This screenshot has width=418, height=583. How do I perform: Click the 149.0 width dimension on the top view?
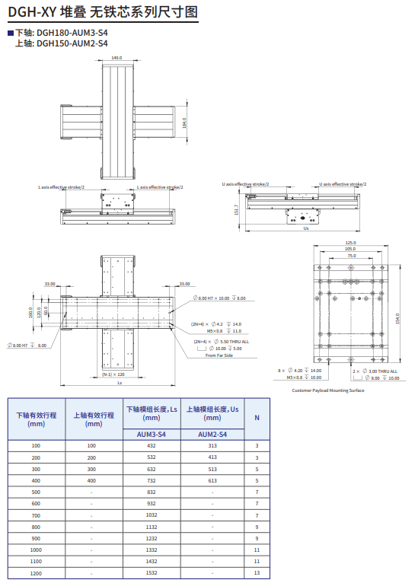[x=116, y=58]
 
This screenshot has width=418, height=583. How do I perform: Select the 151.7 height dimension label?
[x=237, y=209]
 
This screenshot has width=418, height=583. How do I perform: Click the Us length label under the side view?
[x=305, y=228]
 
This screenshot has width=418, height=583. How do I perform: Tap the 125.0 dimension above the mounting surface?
[x=350, y=243]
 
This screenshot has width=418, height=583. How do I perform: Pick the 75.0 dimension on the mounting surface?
[x=350, y=256]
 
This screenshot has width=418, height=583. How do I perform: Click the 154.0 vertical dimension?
[x=397, y=317]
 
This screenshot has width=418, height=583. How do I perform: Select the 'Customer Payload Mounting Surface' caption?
[x=327, y=390]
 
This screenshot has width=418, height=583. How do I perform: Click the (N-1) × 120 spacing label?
[x=113, y=374]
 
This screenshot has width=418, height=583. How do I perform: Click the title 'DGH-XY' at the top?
[x=27, y=11]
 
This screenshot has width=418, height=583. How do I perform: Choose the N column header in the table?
[x=257, y=418]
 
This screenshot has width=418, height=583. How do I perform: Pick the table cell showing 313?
[x=212, y=445]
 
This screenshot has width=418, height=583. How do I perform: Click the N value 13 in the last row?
[x=257, y=572]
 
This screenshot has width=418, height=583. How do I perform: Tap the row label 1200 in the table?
[x=36, y=572]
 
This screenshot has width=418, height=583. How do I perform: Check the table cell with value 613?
[x=212, y=480]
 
